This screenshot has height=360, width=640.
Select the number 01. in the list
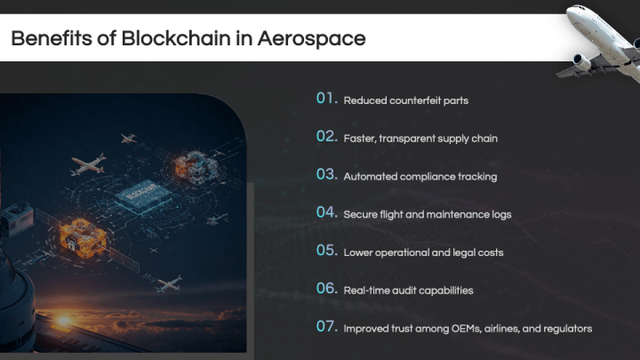click(x=327, y=99)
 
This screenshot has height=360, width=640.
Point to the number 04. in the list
click(x=327, y=212)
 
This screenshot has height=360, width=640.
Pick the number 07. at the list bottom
click(x=327, y=326)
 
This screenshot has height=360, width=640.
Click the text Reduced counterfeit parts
click(x=405, y=100)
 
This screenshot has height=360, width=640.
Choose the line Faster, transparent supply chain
click(x=420, y=139)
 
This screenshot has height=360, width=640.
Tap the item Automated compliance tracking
click(x=420, y=176)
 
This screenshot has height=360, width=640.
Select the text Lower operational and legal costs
click(x=423, y=252)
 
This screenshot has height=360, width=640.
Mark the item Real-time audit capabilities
click(x=408, y=290)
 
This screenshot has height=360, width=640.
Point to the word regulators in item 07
click(x=566, y=328)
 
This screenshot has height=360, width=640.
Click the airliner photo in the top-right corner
click(x=600, y=40)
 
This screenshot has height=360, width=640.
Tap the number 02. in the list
click(x=327, y=137)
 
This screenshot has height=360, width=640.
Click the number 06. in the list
click(x=327, y=288)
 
